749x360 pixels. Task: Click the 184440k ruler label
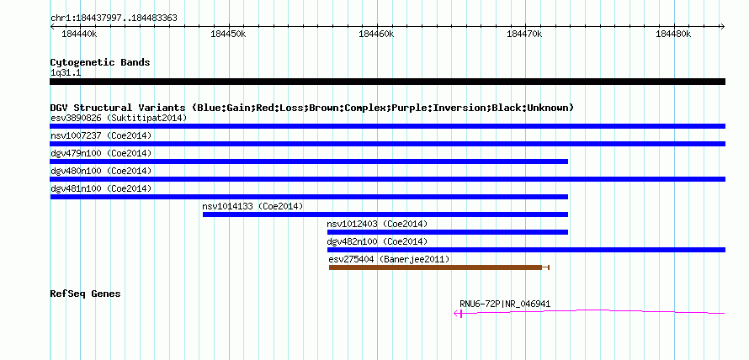pos(80,34)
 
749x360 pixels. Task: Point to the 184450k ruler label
pos(228,34)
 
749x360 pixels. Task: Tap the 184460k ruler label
pos(377,34)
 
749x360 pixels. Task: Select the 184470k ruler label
pos(525,34)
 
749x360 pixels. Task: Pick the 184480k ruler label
pos(674,34)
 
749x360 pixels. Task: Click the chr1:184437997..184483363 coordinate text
pos(114,19)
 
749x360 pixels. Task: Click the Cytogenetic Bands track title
pos(100,62)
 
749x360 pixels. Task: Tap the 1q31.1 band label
pos(65,72)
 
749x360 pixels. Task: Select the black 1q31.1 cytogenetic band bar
pos(387,82)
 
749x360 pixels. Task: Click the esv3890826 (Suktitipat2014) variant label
pos(119,118)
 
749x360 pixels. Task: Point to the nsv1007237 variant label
pos(76,135)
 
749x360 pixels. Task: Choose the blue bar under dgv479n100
pos(309,161)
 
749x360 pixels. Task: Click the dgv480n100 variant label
pos(76,171)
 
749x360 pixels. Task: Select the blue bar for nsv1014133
pos(385,214)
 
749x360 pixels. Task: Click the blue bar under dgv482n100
pos(526,250)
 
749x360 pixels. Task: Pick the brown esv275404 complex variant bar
pos(435,267)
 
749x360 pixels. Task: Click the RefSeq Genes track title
pos(86,294)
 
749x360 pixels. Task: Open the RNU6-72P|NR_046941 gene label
pos(506,304)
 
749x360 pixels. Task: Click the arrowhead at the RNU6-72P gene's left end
pos(456,313)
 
